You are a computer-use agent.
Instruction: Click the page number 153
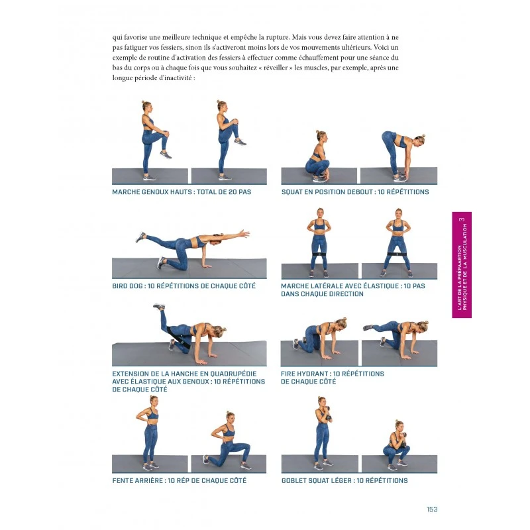click(x=432, y=509)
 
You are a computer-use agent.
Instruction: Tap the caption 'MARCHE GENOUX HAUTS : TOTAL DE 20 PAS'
click(x=182, y=192)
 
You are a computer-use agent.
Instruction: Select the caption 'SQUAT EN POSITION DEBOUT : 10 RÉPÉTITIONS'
click(x=354, y=192)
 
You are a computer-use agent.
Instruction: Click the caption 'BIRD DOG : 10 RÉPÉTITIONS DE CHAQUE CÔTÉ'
click(x=184, y=286)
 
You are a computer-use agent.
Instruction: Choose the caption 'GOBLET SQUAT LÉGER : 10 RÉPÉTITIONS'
click(x=344, y=480)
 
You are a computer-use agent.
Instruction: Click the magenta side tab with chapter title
click(x=462, y=265)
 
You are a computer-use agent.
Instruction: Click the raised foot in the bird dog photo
click(x=140, y=237)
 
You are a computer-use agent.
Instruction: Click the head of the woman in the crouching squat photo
click(x=321, y=136)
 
